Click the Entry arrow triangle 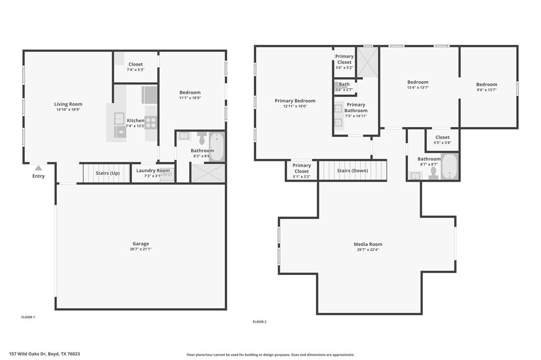click(x=38, y=168)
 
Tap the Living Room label click(x=68, y=104)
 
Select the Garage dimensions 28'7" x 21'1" click(x=141, y=249)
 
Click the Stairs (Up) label click(x=107, y=173)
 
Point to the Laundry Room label click(x=153, y=170)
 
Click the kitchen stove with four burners click(x=151, y=122)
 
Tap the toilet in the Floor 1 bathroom click(x=201, y=139)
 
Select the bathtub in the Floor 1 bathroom click(x=217, y=146)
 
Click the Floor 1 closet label click(x=136, y=64)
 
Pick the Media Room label click(x=368, y=244)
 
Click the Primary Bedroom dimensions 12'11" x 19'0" click(x=295, y=106)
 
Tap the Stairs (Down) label click(x=352, y=170)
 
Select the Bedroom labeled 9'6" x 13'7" click(x=487, y=84)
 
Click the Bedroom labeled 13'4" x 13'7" click(x=418, y=82)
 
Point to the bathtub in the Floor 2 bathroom click(x=450, y=166)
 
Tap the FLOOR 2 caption click(x=259, y=321)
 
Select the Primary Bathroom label click(x=356, y=108)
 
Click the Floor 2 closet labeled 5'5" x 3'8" click(x=443, y=137)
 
